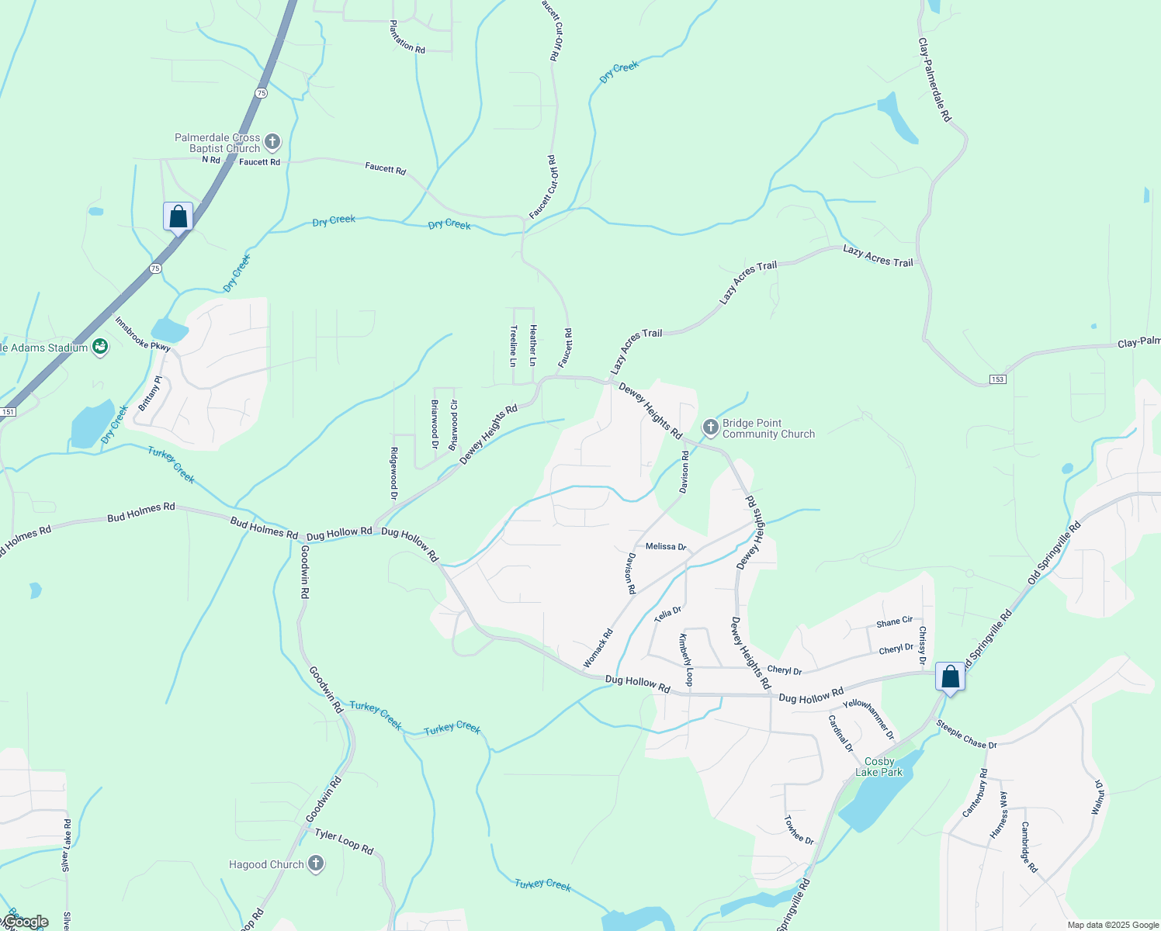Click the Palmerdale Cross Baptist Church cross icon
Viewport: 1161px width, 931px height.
pyautogui.click(x=272, y=142)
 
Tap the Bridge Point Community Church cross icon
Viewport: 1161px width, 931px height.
pyautogui.click(x=710, y=427)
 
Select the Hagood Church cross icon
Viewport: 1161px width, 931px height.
pyautogui.click(x=315, y=864)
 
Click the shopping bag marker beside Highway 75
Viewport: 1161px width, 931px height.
pyautogui.click(x=178, y=217)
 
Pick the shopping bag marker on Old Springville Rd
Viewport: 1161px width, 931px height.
pyautogui.click(x=950, y=677)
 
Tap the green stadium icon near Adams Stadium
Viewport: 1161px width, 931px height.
pyautogui.click(x=99, y=346)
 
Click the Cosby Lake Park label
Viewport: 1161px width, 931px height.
pyautogui.click(x=879, y=767)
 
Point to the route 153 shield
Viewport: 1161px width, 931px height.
pyautogui.click(x=997, y=379)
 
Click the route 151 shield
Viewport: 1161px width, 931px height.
pyautogui.click(x=8, y=412)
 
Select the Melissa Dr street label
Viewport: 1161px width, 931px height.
pyautogui.click(x=666, y=547)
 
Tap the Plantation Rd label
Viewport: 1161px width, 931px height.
pyautogui.click(x=407, y=37)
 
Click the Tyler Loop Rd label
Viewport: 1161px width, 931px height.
pyautogui.click(x=344, y=842)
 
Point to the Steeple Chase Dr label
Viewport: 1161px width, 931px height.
pyautogui.click(x=966, y=735)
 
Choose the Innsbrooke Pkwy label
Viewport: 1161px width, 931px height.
pyautogui.click(x=143, y=334)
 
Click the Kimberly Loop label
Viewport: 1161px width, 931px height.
pyautogui.click(x=686, y=660)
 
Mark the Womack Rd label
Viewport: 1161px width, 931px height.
pyautogui.click(x=598, y=648)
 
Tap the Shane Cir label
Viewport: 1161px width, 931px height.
pyautogui.click(x=894, y=621)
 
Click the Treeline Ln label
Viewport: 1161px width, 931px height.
pyautogui.click(x=513, y=345)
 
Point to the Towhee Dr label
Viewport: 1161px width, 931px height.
pyautogui.click(x=798, y=829)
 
